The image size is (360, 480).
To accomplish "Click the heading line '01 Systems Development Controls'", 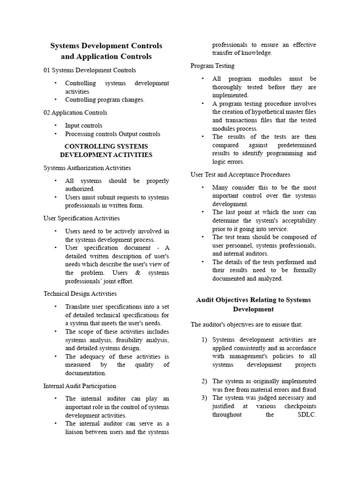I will pos(90,70).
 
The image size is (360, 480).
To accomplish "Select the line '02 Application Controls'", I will pos(75,112).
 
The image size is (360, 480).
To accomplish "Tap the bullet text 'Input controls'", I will pos(83,126).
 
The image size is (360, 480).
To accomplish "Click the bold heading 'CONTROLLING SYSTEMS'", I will pos(106,146).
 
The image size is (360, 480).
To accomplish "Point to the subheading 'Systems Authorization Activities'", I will pos(87,168).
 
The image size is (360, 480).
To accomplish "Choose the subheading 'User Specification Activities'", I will pos(82,218).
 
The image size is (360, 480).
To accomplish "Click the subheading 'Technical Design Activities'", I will pos(80,294).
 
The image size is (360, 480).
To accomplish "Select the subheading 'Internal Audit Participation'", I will pos(80,386).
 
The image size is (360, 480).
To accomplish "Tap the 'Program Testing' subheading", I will pos(212,66).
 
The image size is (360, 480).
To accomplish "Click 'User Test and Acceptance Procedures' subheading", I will pos(240,174).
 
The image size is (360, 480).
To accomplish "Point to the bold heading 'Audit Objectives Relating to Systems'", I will pos(253,300).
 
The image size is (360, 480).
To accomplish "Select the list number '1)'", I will pos(204,340).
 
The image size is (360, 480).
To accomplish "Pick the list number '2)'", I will pos(204,381).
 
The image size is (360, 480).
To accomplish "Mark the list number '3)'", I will pos(204,398).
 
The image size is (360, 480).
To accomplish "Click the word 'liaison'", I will pos(75,432).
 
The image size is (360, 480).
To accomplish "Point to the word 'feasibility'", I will pos(127,340).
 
